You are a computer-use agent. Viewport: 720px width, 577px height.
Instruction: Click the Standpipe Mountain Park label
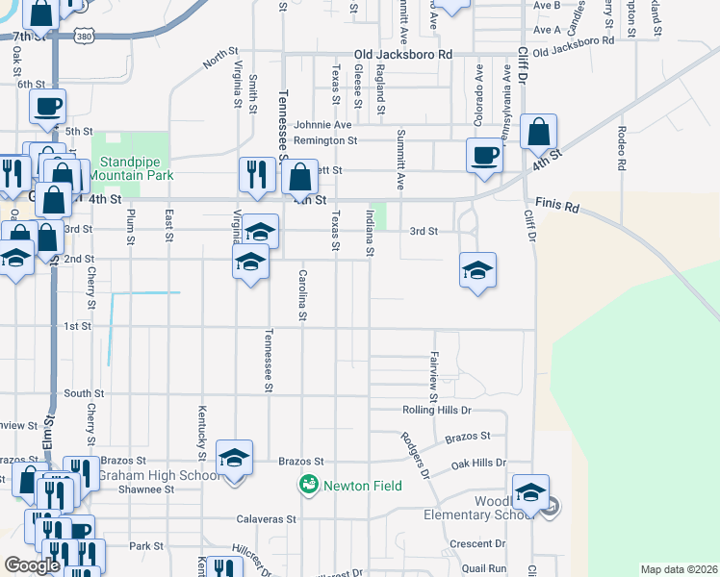[131, 168]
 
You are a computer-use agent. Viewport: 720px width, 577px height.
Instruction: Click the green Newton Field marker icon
[309, 484]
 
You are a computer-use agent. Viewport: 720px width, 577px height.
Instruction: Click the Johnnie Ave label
[323, 124]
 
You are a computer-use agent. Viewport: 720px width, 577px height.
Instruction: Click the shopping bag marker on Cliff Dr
[539, 130]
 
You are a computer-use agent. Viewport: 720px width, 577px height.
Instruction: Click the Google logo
[32, 564]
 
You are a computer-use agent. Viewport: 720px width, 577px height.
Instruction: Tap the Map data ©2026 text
[679, 569]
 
